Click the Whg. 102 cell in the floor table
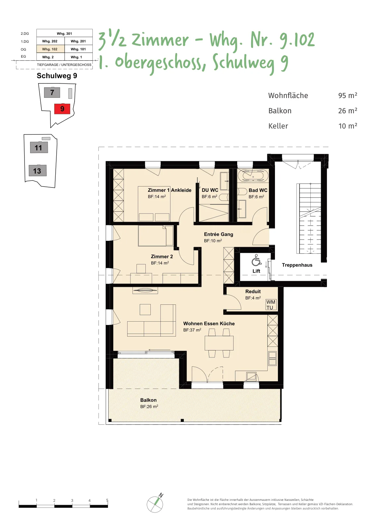point(50,49)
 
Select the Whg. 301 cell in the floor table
point(64,33)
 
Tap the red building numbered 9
point(62,109)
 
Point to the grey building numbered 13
point(38,171)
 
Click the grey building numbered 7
point(52,92)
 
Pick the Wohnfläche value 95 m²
point(348,95)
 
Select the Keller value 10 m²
point(348,126)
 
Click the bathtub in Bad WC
point(253,176)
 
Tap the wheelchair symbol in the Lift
point(256,260)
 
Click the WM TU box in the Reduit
point(271,305)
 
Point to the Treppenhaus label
point(297,265)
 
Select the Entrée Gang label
point(218,234)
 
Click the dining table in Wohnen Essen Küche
point(219,343)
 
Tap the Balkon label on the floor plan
point(148,400)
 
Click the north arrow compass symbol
point(155,504)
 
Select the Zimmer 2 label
point(162,256)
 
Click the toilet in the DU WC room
point(224,197)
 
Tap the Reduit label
point(253,291)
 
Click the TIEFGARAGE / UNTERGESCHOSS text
point(64,65)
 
